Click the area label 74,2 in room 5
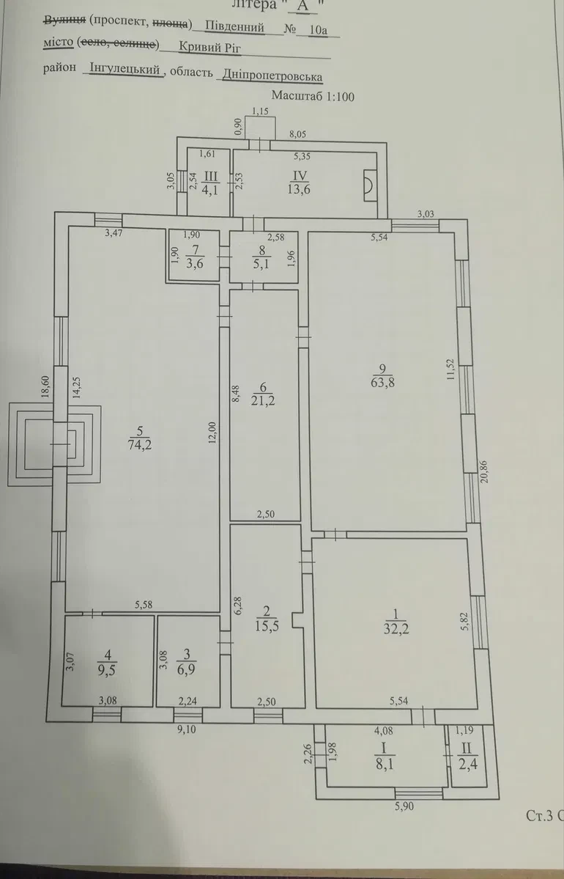pyautogui.click(x=140, y=445)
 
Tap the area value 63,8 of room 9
pyautogui.click(x=382, y=383)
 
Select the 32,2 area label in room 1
pyautogui.click(x=396, y=629)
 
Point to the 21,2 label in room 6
pyautogui.click(x=264, y=401)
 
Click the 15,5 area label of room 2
pyautogui.click(x=268, y=625)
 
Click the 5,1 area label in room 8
pyautogui.click(x=261, y=262)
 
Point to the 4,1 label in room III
pyautogui.click(x=210, y=189)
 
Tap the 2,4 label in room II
pyautogui.click(x=467, y=763)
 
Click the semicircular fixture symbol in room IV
pyautogui.click(x=369, y=185)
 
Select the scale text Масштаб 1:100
pyautogui.click(x=313, y=97)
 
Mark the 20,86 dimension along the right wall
pyautogui.click(x=484, y=471)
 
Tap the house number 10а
pyautogui.click(x=318, y=29)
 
